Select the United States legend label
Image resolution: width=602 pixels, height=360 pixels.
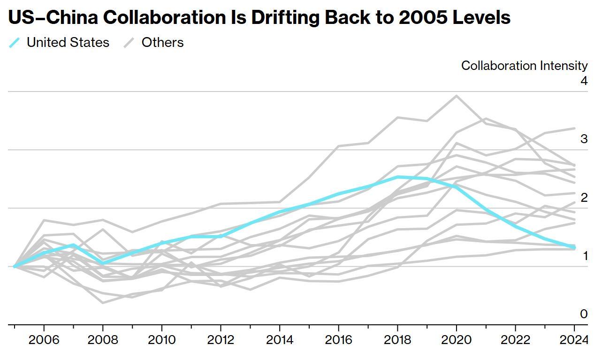click(x=68, y=42)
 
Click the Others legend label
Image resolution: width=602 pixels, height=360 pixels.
click(x=162, y=42)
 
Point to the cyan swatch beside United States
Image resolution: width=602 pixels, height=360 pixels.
click(x=15, y=43)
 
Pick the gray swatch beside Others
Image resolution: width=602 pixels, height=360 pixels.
click(x=130, y=43)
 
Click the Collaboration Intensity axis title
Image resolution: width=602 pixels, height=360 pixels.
click(x=524, y=65)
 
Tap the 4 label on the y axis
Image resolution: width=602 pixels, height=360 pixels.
click(x=584, y=81)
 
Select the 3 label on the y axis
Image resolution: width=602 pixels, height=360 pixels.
click(x=584, y=139)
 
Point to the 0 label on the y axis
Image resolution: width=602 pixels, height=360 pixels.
click(x=584, y=314)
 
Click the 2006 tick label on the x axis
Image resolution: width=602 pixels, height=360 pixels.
click(x=44, y=340)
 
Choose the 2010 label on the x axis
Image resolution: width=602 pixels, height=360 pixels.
click(x=162, y=340)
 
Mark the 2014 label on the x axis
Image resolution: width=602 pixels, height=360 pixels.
click(x=280, y=340)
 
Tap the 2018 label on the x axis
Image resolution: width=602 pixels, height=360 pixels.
click(x=397, y=340)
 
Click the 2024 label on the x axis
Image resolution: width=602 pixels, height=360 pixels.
click(x=574, y=340)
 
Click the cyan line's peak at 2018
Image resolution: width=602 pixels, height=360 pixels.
click(x=398, y=177)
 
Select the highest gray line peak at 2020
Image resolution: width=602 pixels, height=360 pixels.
click(x=457, y=96)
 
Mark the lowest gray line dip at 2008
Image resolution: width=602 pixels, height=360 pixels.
click(x=103, y=303)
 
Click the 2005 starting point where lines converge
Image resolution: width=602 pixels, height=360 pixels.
click(x=15, y=266)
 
